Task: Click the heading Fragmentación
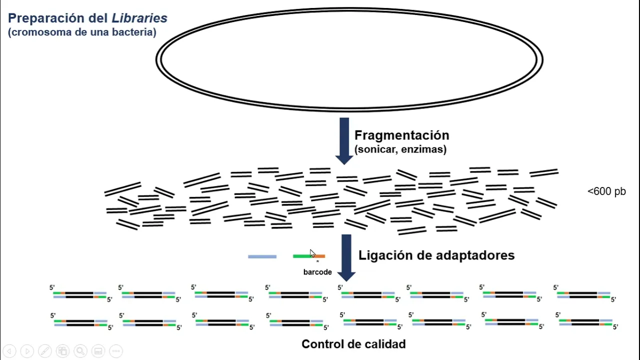click(x=402, y=135)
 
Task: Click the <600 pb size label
click(x=606, y=191)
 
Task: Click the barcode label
click(x=317, y=272)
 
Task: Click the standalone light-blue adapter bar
click(x=262, y=257)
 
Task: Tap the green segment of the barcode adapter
click(x=302, y=256)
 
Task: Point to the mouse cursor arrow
click(x=312, y=253)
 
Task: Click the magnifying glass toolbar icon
click(x=80, y=351)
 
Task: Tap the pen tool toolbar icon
click(x=44, y=351)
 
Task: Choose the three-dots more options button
click(x=115, y=351)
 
